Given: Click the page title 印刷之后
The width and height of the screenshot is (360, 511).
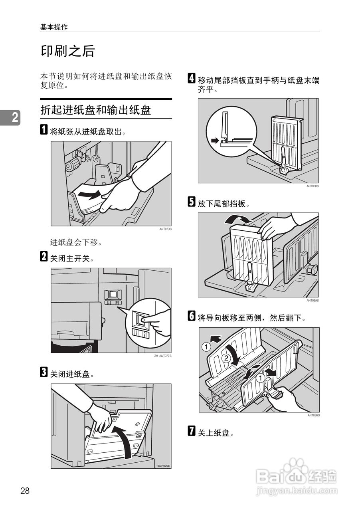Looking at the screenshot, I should (68, 51).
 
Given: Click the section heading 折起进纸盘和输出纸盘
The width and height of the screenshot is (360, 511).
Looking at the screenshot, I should (96, 110).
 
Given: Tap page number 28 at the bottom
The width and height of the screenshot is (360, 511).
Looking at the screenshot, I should (25, 491).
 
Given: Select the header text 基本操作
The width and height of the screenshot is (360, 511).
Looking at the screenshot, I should (54, 27).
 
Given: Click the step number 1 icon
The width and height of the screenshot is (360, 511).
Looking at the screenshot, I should (44, 131).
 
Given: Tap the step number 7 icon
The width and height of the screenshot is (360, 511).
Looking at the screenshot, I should (192, 432).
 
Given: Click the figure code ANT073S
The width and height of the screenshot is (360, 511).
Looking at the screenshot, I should (165, 229).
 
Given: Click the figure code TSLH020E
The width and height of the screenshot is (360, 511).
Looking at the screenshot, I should (163, 466).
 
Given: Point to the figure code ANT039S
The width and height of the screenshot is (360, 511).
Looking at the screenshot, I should (313, 300).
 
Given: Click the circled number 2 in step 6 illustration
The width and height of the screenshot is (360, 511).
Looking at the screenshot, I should (225, 358).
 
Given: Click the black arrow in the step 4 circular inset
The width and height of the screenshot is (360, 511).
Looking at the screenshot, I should (215, 141).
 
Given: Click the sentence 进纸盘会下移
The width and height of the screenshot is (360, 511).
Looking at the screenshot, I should (76, 242).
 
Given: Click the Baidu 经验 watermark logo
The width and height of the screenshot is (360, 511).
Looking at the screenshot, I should (297, 477).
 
